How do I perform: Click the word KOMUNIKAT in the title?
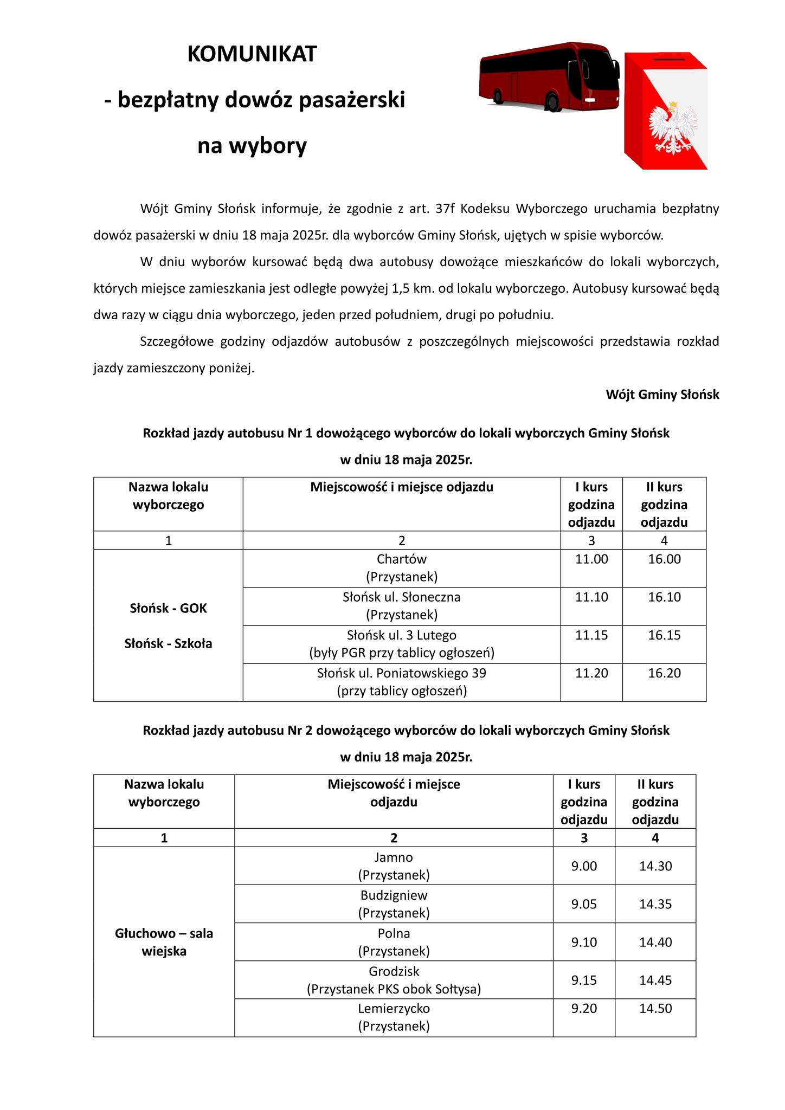pos(252,54)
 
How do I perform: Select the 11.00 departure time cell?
pos(591,559)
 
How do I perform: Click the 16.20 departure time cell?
pos(664,673)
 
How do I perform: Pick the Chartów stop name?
pos(402,559)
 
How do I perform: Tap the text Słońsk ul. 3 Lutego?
pos(402,635)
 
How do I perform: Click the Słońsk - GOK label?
pos(168,608)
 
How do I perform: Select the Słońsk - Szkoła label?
pos(168,644)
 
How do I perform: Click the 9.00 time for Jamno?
pos(584,866)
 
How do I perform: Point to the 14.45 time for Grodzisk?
pos(655,980)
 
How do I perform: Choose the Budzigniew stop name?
pos(394,895)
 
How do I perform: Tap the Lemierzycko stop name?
pos(394,1009)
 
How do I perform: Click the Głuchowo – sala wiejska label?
pos(164,942)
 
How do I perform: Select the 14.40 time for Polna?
pos(655,942)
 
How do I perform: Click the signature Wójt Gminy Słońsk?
pos(662,395)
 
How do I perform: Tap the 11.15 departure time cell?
pos(591,635)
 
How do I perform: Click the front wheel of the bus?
pos(552,102)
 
